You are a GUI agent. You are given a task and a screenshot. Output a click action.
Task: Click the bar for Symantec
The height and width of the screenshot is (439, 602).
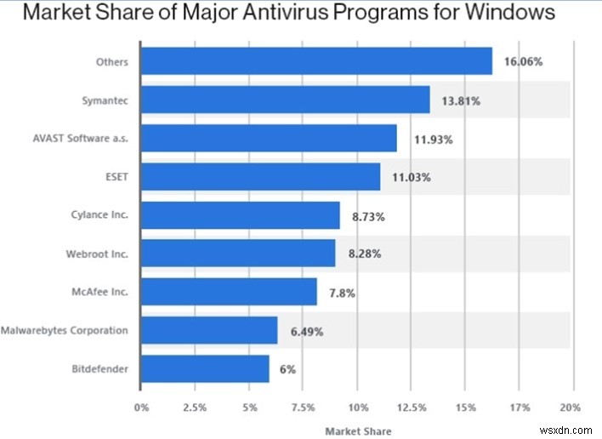285,100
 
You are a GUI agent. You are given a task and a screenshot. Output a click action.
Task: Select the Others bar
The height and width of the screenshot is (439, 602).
315,61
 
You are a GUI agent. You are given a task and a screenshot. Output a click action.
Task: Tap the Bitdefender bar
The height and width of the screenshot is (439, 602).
204,368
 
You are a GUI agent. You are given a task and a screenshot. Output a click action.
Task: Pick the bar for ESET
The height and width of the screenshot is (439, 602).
260,177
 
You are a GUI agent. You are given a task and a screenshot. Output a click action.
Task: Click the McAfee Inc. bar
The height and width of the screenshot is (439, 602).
228,292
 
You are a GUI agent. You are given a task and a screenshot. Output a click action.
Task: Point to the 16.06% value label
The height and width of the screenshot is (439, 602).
525,62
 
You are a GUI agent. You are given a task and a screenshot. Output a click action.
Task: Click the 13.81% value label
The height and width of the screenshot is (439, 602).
461,101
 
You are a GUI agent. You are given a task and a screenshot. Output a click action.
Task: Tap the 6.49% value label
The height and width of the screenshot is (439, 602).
307,331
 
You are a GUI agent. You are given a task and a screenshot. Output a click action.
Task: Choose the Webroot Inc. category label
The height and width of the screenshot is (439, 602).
97,254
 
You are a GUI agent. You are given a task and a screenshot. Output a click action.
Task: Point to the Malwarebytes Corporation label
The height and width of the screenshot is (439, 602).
65,330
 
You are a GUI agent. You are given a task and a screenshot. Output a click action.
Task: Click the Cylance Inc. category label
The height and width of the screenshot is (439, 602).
99,215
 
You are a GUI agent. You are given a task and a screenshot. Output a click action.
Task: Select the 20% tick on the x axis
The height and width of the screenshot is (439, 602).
571,408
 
